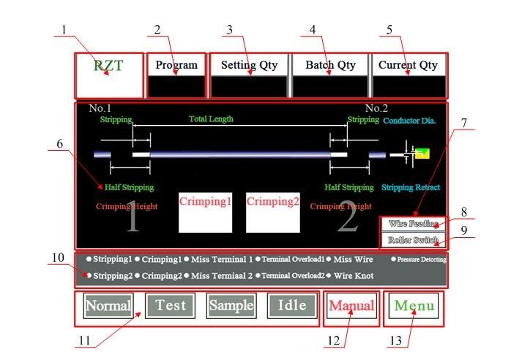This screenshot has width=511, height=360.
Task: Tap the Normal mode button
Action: tap(108, 306)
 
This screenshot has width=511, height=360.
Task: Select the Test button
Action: tap(170, 306)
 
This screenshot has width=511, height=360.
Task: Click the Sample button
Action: tap(231, 306)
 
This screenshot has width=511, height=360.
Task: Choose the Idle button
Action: tap(292, 306)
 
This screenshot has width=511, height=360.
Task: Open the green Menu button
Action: tap(414, 307)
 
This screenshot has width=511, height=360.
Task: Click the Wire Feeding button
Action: tap(413, 224)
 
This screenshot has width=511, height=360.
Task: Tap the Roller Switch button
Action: tap(413, 239)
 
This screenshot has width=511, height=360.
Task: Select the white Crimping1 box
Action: tap(206, 212)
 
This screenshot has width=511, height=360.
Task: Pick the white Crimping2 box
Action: tap(273, 212)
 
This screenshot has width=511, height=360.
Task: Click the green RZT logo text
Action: tap(108, 65)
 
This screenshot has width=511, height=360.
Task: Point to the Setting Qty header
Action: tap(250, 65)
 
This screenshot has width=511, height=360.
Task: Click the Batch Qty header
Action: tap(330, 65)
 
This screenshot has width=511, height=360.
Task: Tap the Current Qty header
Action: tap(408, 65)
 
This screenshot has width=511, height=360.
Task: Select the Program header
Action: tap(176, 65)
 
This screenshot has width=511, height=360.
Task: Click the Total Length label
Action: tap(211, 119)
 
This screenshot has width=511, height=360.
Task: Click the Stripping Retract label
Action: tap(410, 187)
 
